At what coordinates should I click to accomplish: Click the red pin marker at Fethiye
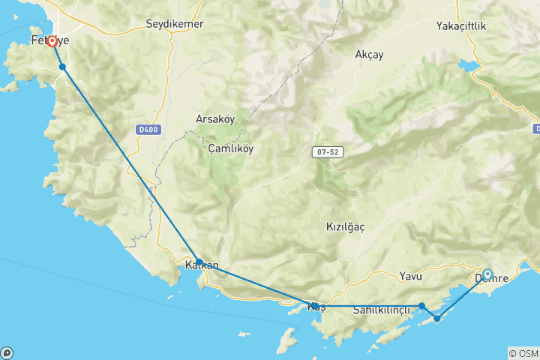click(x=52, y=42)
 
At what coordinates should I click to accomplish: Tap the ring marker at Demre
click(x=487, y=274)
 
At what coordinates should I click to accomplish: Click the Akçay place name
click(x=369, y=55)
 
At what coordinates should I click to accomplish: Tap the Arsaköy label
click(x=215, y=119)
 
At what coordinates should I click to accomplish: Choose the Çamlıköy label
click(x=231, y=148)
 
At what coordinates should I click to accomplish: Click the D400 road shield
click(x=148, y=130)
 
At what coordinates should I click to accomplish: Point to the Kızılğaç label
click(x=346, y=226)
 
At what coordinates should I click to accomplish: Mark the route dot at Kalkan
click(x=199, y=262)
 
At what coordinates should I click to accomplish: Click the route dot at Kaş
click(x=316, y=306)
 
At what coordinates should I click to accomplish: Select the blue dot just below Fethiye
click(x=63, y=67)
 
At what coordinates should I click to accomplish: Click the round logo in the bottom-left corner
click(x=7, y=352)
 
